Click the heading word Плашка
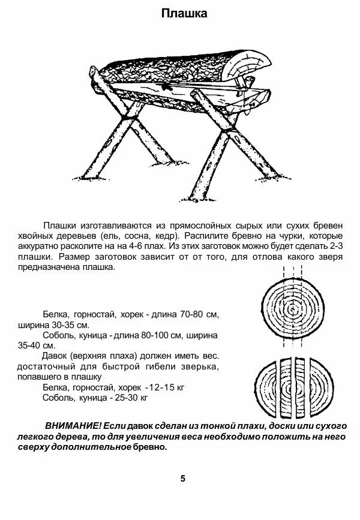coord(184,14)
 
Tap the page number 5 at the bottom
coord(183,478)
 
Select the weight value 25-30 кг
coord(130,398)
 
